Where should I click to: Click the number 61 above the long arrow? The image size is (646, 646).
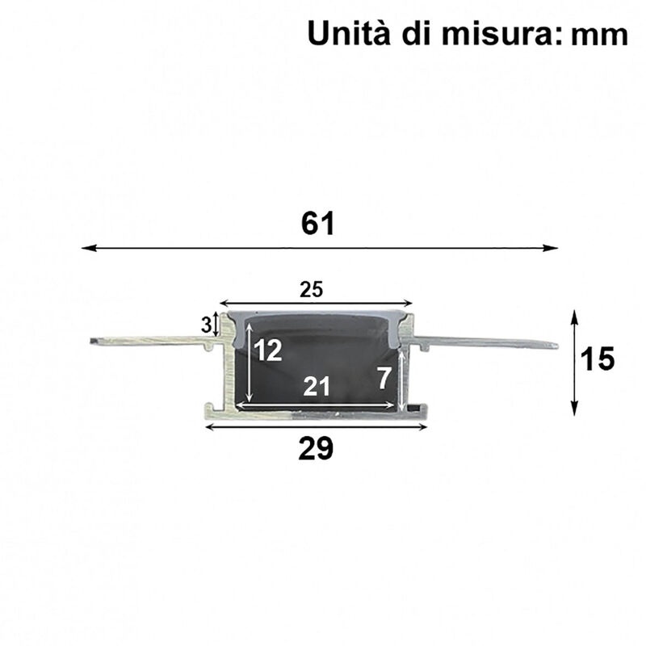click(318, 224)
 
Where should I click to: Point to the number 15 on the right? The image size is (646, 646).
click(598, 359)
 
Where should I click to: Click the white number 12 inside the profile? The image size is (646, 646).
click(268, 350)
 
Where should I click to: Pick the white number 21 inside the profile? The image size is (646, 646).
click(317, 387)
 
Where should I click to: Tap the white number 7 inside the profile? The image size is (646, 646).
click(384, 377)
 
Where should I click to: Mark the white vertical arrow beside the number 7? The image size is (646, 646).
click(401, 378)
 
